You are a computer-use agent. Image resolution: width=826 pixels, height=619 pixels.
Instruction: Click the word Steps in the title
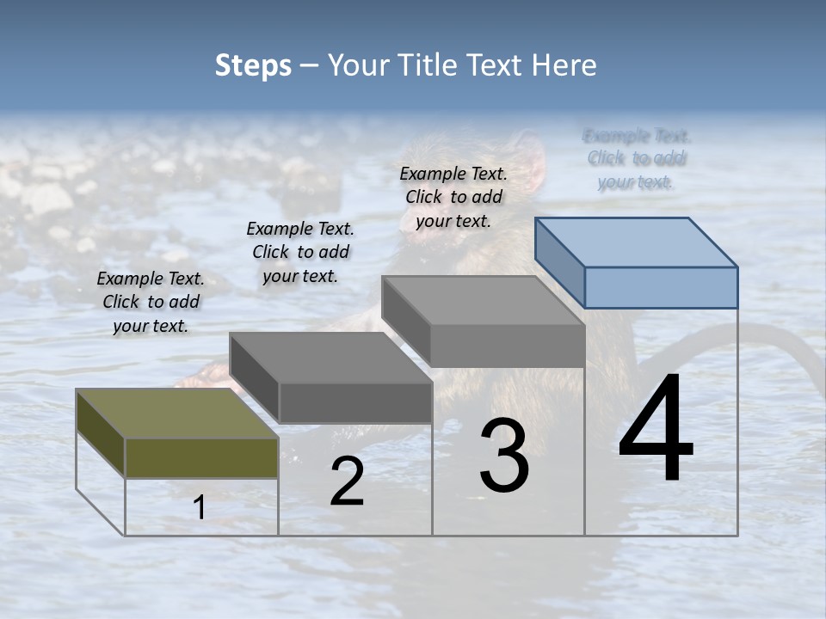(x=253, y=65)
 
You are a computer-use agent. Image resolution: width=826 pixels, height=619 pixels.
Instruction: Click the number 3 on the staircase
(x=504, y=456)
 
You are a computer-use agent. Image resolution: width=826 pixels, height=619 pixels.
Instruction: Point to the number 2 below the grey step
(x=347, y=481)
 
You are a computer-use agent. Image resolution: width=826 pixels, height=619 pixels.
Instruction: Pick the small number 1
(x=200, y=507)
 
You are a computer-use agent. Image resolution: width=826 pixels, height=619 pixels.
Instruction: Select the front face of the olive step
(x=201, y=457)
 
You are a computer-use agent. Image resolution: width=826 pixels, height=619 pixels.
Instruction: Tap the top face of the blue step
(x=637, y=242)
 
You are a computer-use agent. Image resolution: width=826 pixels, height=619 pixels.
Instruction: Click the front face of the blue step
(x=661, y=287)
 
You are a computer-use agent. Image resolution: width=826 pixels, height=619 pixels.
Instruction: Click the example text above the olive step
(x=151, y=302)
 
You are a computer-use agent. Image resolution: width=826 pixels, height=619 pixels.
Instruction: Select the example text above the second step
(x=300, y=252)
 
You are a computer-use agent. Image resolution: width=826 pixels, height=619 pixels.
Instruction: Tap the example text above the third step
(x=453, y=197)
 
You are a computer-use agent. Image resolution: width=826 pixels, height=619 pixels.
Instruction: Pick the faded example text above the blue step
(x=636, y=158)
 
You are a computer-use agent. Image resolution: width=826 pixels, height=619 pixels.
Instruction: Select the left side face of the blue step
(x=559, y=261)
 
